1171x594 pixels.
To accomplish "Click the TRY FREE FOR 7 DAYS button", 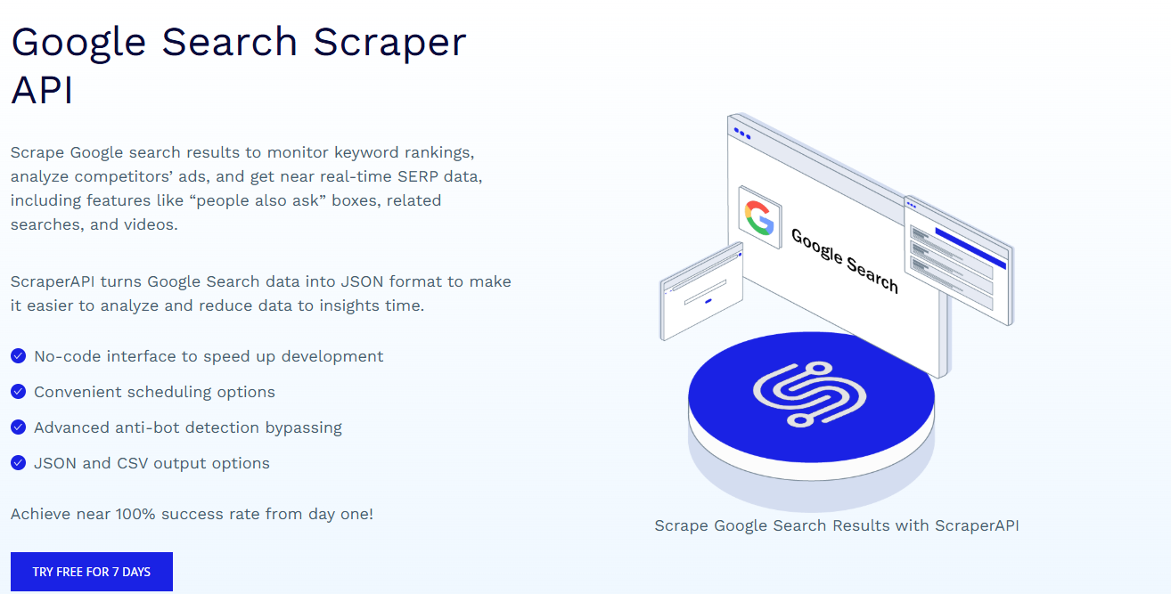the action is [92, 572].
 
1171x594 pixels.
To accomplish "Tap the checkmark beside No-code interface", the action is [19, 355].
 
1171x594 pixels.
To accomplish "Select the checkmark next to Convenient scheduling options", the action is [19, 391].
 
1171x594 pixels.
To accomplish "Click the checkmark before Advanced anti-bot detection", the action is [19, 427].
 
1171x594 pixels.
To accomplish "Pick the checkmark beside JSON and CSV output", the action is [19, 463].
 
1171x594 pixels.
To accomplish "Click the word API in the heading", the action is [42, 90].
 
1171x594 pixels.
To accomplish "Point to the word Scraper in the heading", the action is [389, 43].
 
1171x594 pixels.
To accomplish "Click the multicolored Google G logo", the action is [759, 218].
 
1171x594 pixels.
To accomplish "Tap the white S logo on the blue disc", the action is [810, 394].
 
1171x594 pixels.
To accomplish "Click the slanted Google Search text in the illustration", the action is [845, 261].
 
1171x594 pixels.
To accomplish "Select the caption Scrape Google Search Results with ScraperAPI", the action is [837, 525].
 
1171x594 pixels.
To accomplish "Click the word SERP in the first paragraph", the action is [418, 176].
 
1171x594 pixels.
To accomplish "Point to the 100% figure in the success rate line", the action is [135, 514].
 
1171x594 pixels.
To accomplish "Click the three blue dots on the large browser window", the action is [742, 134].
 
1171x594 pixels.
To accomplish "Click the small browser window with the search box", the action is [701, 291].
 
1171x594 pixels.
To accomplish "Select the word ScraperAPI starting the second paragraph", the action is [53, 281].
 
